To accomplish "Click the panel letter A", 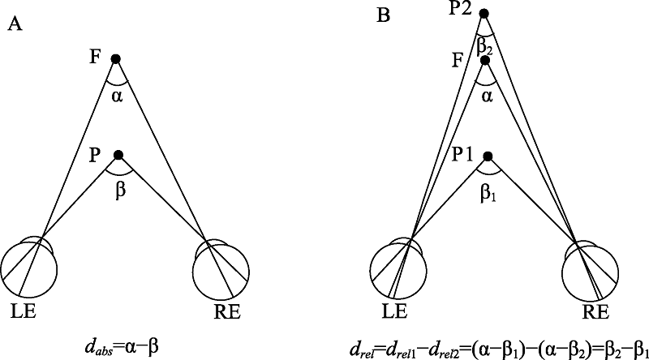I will click(x=14, y=24).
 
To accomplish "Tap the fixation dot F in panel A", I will click(x=116, y=58).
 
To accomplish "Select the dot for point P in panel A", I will click(x=118, y=155).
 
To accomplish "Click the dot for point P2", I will click(x=484, y=13).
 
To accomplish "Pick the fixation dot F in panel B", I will click(x=485, y=60).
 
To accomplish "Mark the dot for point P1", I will click(x=488, y=156).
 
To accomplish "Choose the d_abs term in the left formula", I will click(x=108, y=345).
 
